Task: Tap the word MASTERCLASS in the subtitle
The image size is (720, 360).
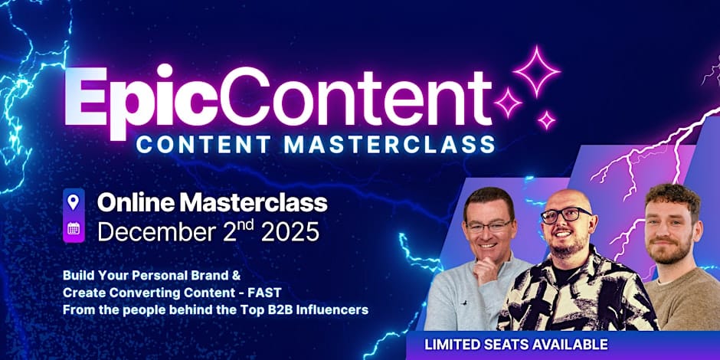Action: click(x=389, y=144)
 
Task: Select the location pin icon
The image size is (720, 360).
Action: click(x=74, y=201)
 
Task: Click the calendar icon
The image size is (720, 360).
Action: click(x=74, y=229)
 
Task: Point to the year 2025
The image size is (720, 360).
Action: click(x=290, y=231)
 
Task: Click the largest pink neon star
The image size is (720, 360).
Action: click(x=536, y=71)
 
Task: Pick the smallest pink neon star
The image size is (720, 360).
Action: click(x=546, y=120)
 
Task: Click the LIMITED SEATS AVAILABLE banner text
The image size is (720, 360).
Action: click(x=516, y=345)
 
